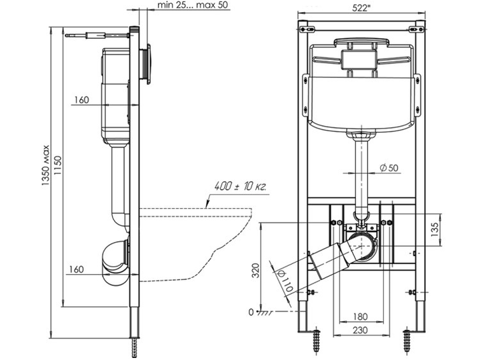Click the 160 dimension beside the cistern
81,100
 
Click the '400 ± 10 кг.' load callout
241,186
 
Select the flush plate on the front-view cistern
361,59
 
